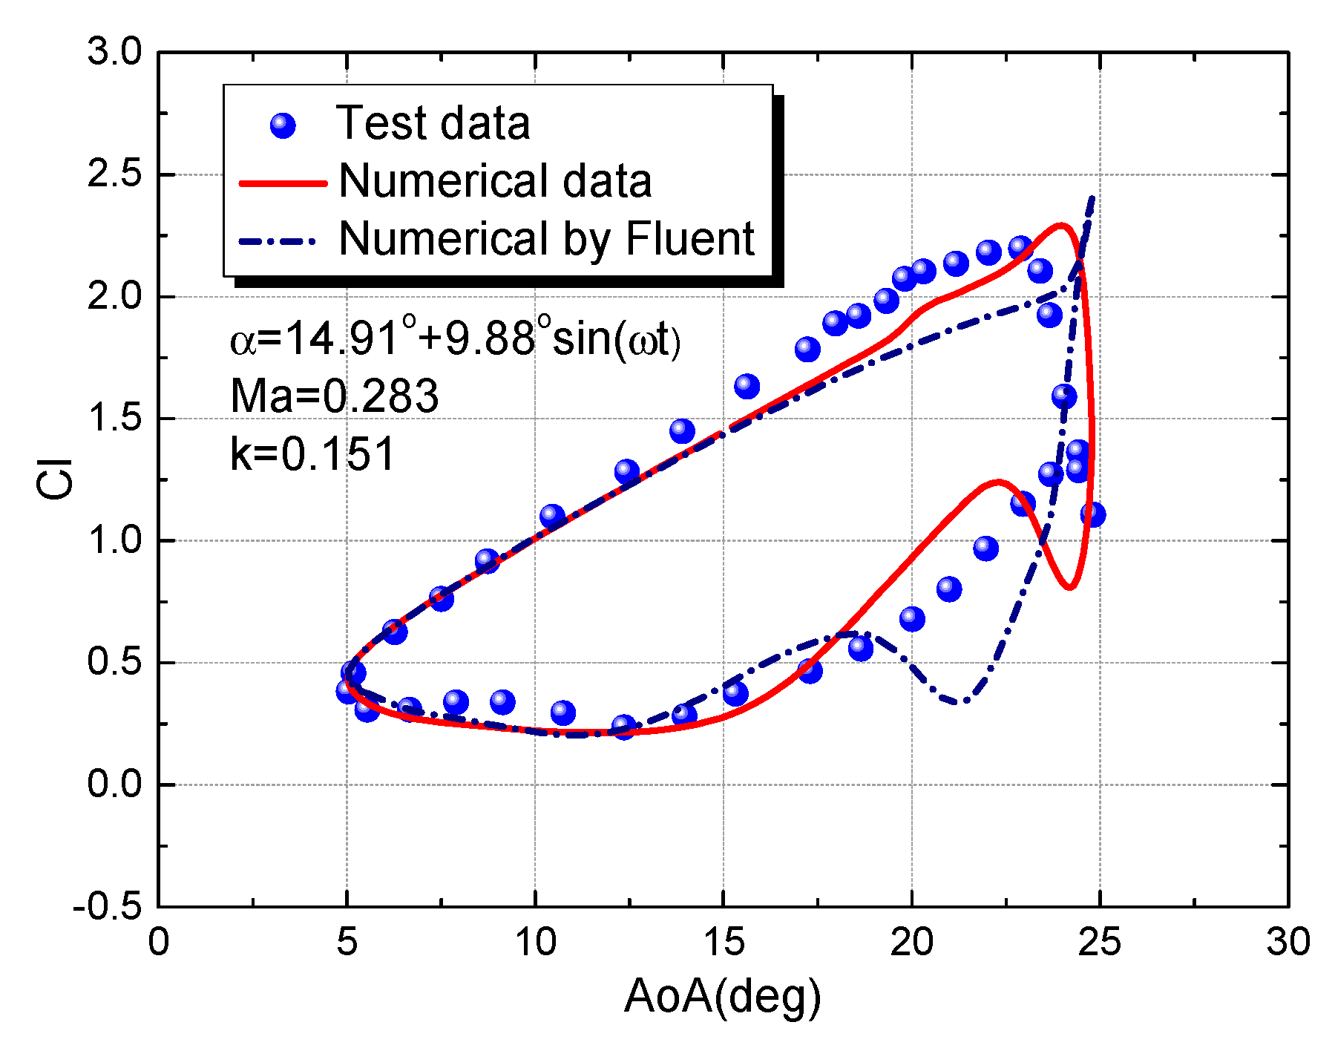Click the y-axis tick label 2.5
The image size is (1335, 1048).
114,175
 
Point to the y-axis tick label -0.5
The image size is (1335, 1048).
107,906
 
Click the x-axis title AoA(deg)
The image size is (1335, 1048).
723,996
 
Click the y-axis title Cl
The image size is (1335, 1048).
56,479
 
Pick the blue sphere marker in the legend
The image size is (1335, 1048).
283,125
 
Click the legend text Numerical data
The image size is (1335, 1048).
495,181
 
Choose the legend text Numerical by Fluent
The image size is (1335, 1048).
547,239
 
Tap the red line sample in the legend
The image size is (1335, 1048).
283,183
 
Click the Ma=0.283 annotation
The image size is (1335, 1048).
334,396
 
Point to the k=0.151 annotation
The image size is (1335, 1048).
312,453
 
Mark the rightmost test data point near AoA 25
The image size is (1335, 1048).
1092,514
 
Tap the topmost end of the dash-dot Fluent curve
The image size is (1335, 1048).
1092,197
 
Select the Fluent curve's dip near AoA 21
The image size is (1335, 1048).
962,701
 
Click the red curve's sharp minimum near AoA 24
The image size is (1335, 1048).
1070,588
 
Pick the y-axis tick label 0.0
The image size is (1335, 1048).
114,785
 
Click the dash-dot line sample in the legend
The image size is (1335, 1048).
278,240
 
